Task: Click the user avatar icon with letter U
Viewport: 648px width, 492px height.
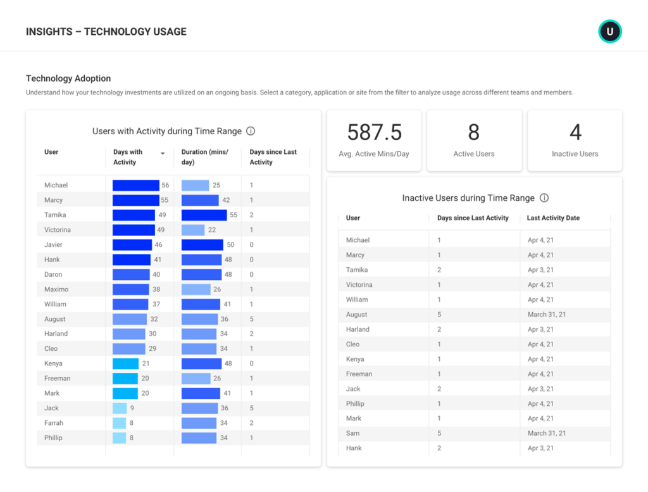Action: point(610,32)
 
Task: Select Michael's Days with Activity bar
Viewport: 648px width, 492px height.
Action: point(136,186)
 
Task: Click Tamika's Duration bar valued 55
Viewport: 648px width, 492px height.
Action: point(204,215)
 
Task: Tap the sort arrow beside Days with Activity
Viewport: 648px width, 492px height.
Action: point(163,153)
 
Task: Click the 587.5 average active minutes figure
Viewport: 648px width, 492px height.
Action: point(374,132)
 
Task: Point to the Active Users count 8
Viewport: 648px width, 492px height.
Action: point(474,132)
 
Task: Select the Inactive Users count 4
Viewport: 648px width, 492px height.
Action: point(575,132)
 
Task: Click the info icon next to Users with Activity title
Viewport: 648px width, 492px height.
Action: point(251,131)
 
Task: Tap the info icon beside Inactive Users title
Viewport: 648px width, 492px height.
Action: point(544,198)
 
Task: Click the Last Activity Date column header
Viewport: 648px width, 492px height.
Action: point(553,218)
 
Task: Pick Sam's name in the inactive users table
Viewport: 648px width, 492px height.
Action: point(353,433)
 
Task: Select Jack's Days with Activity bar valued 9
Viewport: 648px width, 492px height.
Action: point(120,408)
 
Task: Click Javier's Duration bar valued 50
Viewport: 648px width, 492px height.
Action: point(202,245)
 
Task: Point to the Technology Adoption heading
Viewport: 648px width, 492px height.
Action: point(68,79)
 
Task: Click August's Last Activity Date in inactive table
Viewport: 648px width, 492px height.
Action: point(547,315)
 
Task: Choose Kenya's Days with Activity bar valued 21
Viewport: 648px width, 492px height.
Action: point(125,363)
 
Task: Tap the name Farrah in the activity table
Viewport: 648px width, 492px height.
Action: point(54,423)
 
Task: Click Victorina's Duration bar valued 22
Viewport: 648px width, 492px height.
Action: point(193,230)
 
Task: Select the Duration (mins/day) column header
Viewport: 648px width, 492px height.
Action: point(205,157)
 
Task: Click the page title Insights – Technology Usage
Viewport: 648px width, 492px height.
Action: point(106,32)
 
